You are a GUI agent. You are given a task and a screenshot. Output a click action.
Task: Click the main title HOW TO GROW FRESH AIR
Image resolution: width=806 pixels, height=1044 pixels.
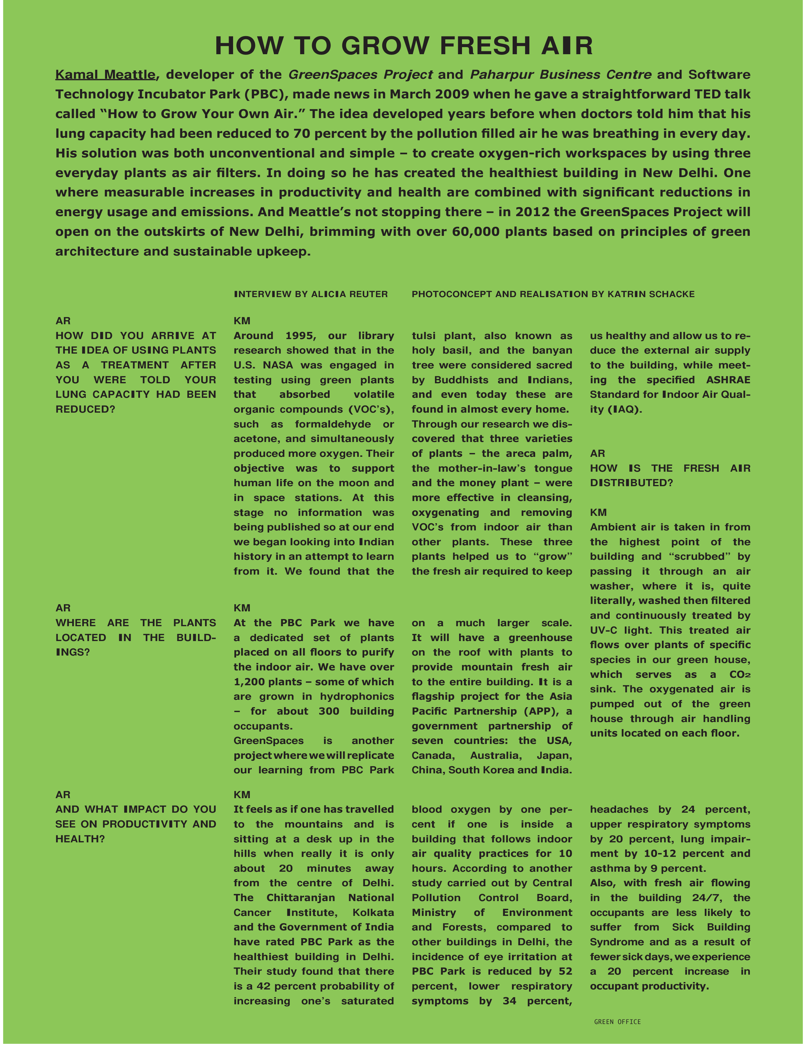tap(403, 46)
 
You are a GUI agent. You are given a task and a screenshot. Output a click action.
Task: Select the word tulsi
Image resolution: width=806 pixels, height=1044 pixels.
tap(424, 336)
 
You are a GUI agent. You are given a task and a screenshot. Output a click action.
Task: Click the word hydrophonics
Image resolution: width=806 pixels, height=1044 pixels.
tap(357, 697)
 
